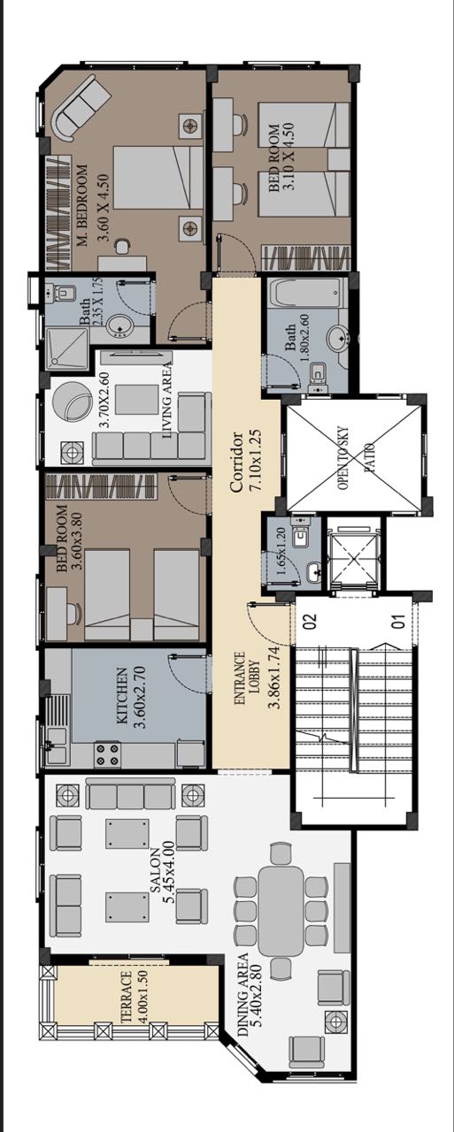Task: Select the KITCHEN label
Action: tap(122, 696)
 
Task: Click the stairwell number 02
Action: tap(310, 620)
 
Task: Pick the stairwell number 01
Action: tap(399, 620)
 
